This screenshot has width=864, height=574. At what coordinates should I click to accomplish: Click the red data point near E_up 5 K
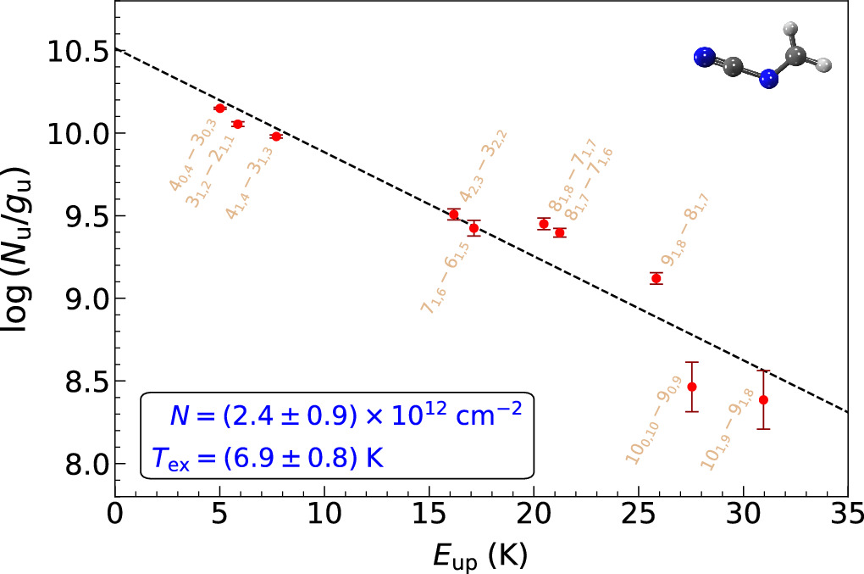[219, 109]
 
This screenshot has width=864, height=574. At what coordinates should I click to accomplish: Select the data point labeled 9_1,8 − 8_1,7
[656, 278]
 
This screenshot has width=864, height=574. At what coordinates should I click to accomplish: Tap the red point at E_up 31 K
[763, 399]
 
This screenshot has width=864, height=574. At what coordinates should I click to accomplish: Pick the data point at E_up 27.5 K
[692, 387]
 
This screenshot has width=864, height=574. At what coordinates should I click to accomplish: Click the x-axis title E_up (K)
[480, 554]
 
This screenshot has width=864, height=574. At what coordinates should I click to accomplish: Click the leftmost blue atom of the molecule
[703, 58]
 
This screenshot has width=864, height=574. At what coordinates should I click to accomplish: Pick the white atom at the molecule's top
[794, 31]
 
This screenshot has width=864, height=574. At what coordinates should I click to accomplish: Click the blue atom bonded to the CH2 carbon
[768, 80]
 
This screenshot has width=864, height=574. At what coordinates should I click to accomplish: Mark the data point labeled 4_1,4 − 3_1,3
[276, 136]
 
